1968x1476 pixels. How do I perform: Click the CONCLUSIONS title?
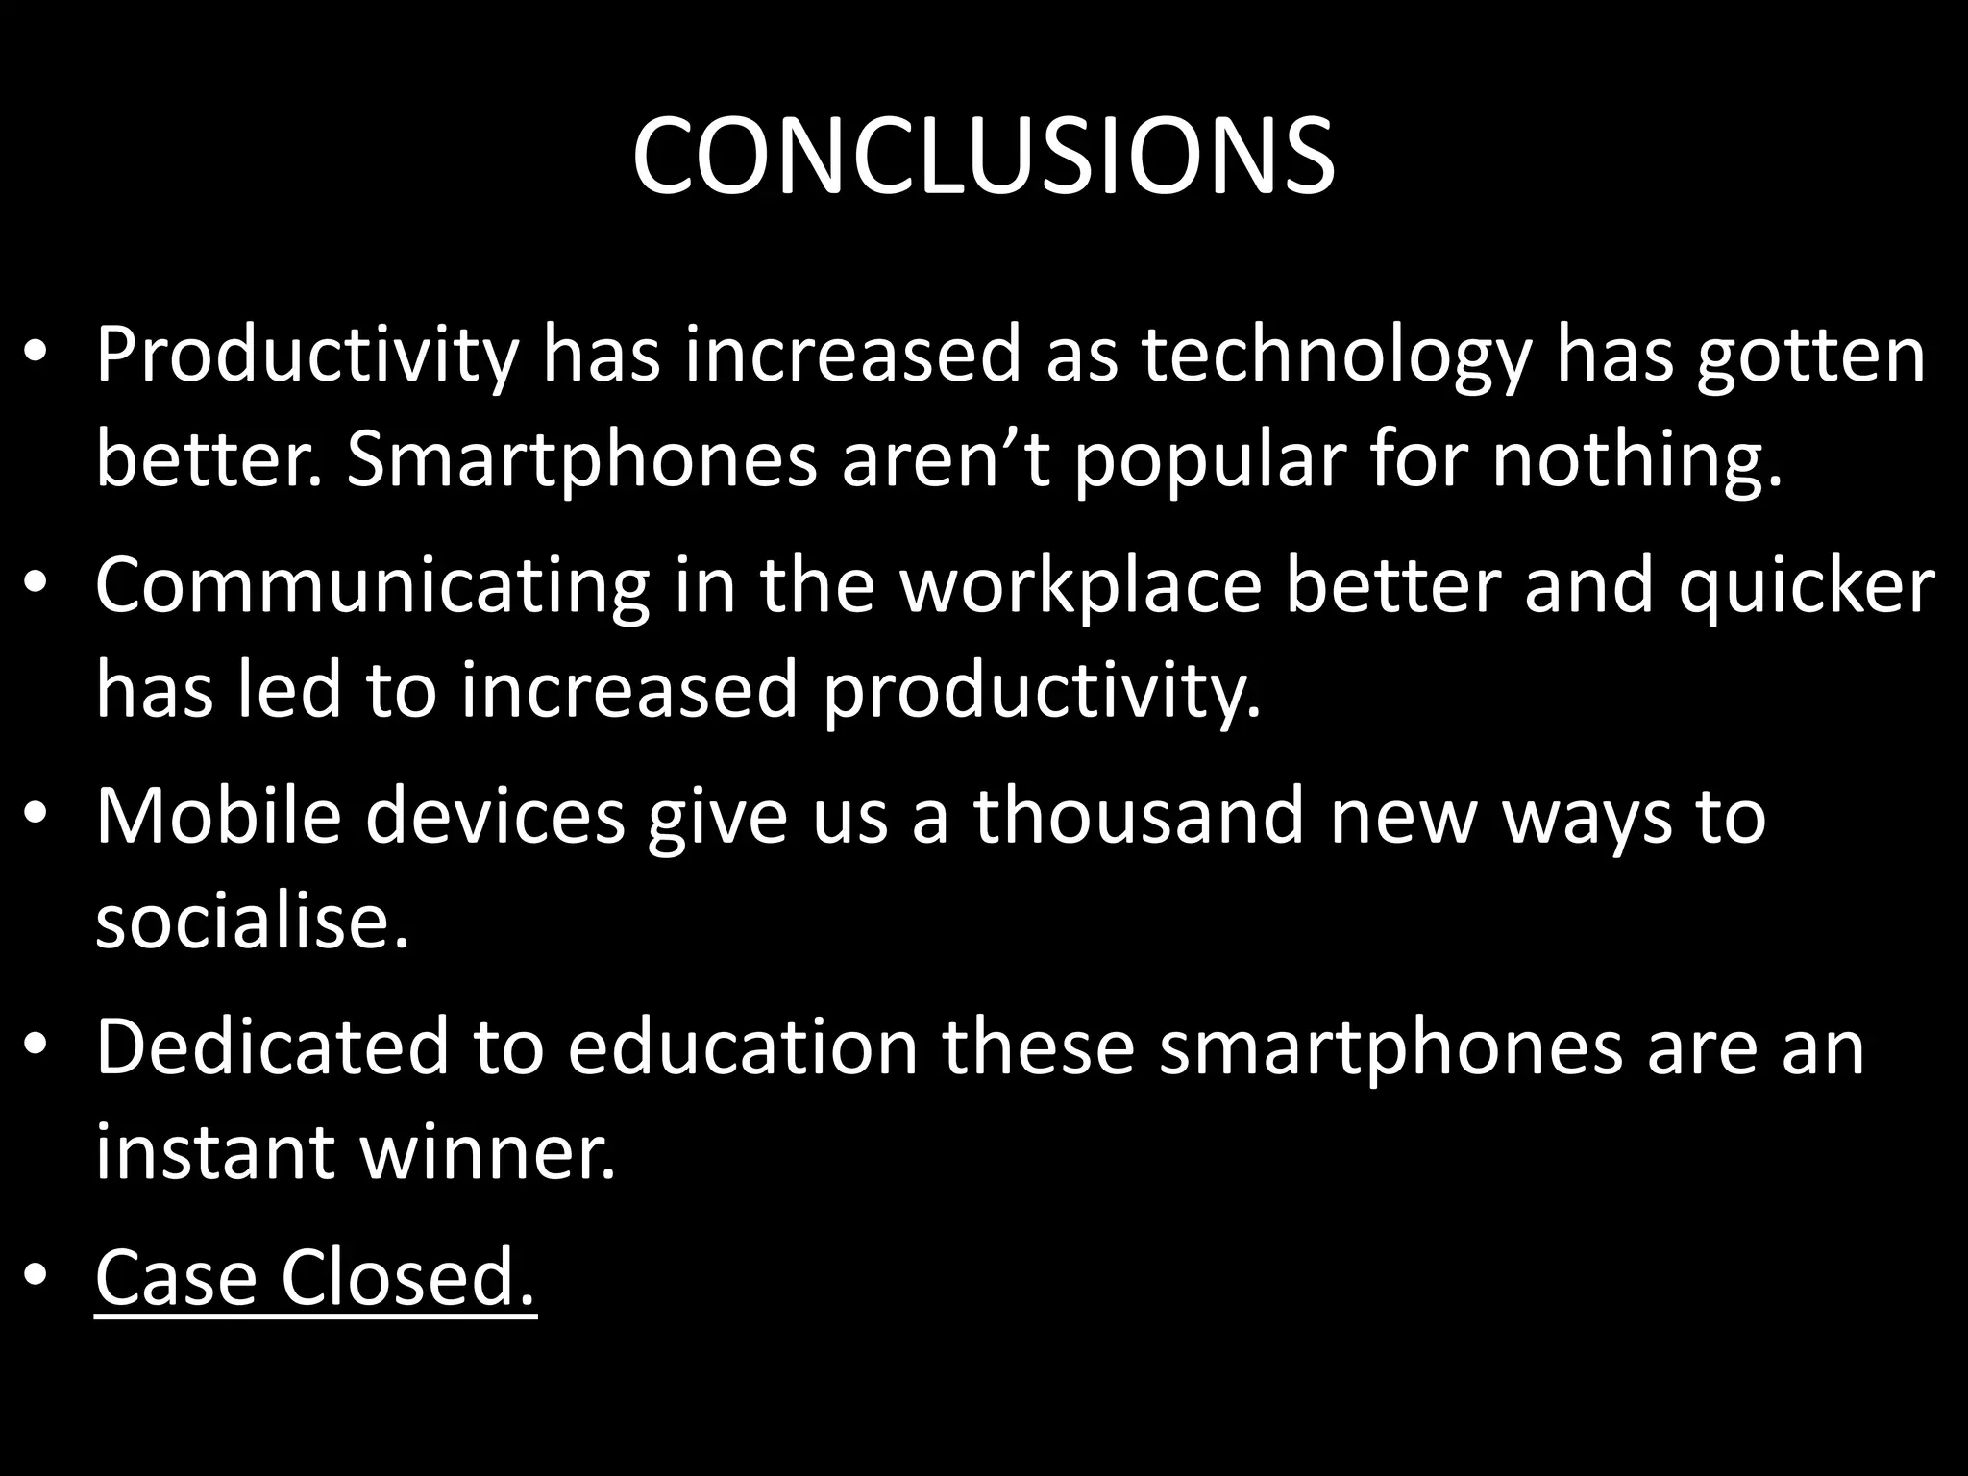983,157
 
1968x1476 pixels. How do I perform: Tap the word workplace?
1080,587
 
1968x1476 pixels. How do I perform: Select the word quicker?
1807,587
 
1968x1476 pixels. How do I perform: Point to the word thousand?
1139,816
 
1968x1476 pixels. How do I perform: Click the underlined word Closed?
407,1277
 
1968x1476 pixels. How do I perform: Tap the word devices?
495,816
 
